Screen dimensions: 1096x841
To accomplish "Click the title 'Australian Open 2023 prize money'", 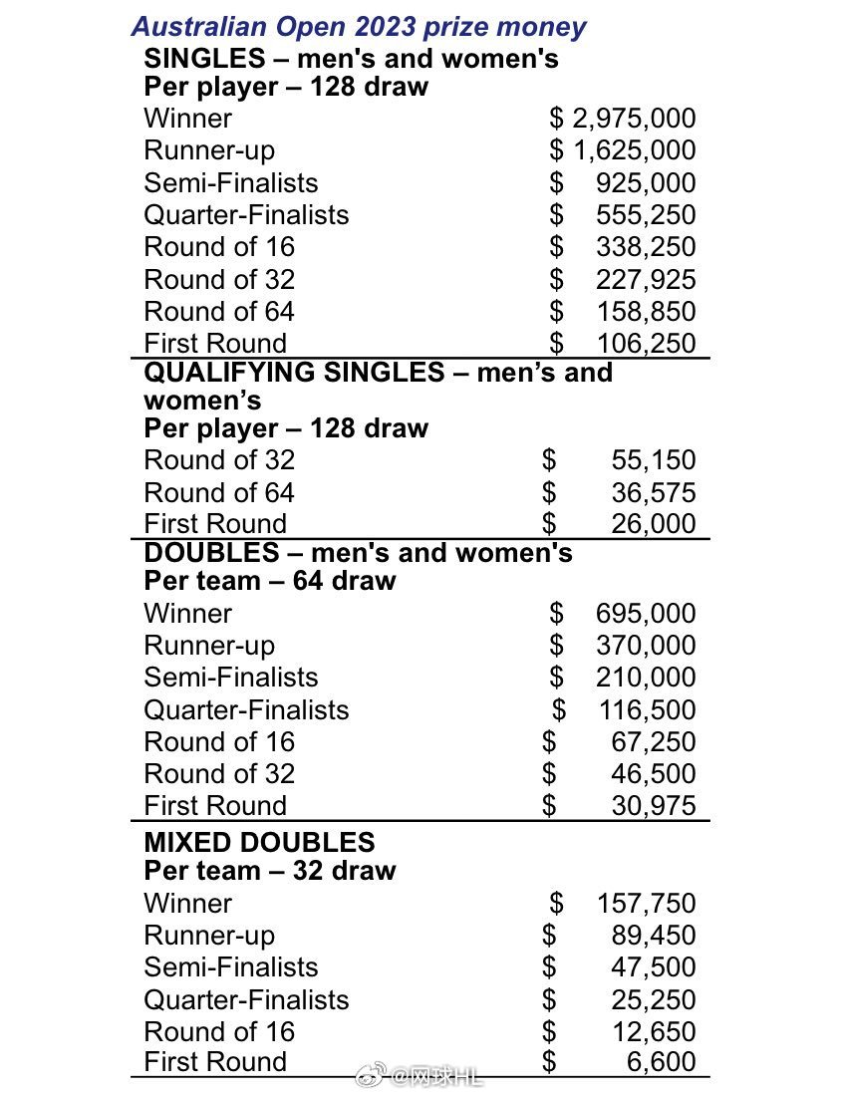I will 359,26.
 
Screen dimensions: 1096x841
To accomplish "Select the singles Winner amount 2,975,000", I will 634,119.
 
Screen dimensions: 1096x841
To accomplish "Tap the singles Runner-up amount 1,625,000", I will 634,150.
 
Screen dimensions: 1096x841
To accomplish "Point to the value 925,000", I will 646,183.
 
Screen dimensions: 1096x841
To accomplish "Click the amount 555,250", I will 646,215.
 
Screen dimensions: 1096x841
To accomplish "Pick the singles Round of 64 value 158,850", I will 646,312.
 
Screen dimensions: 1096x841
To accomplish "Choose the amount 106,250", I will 646,344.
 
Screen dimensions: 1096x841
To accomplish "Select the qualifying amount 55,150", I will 653,460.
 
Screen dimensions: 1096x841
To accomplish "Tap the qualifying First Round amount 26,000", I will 653,524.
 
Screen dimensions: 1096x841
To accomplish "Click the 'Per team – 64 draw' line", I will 269,581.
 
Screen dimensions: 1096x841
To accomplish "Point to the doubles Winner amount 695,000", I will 646,614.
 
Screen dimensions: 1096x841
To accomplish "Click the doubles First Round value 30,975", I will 653,806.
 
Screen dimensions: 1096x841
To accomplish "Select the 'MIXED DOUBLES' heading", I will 259,842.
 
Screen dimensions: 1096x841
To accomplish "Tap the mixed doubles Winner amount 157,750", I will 646,904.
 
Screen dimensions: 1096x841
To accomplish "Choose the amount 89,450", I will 653,936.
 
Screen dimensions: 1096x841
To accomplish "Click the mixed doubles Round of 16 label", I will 219,1032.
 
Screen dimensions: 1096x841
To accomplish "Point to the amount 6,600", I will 661,1063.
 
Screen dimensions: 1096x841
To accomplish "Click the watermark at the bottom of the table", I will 419,1075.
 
